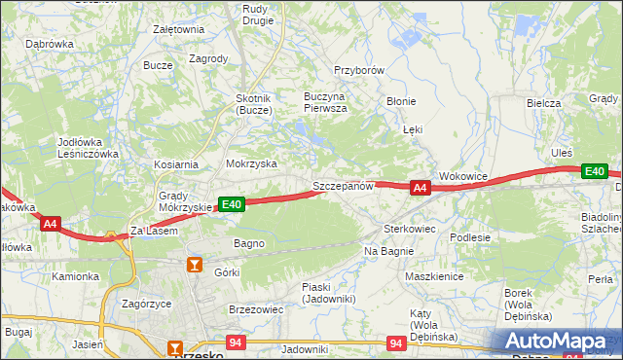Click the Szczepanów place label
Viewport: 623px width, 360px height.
click(x=343, y=186)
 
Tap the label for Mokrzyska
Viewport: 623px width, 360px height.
click(x=251, y=164)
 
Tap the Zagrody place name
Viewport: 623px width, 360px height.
click(x=208, y=58)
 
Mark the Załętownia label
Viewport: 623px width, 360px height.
click(x=178, y=29)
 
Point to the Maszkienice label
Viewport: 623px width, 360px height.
click(x=433, y=276)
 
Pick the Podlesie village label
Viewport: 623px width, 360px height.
click(x=469, y=236)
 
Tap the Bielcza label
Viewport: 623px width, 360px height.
click(x=543, y=103)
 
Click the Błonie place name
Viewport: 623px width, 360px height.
click(x=401, y=101)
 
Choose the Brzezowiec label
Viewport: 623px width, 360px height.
click(x=255, y=308)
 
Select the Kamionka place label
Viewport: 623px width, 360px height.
click(x=76, y=276)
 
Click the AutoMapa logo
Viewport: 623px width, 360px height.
click(x=556, y=342)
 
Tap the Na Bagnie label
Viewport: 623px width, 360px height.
click(x=389, y=251)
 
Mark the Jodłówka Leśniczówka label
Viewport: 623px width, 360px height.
click(x=88, y=148)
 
